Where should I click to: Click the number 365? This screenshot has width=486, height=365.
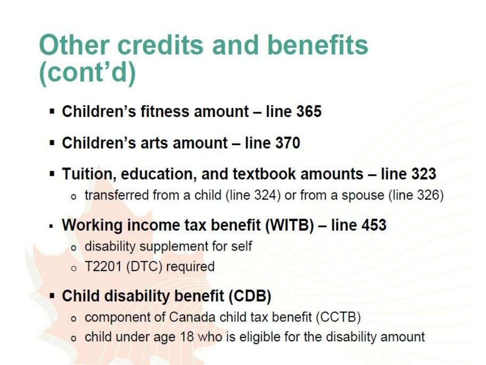[309, 112]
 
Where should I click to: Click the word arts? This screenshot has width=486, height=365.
[151, 143]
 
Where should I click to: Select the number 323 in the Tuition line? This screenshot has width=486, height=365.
[423, 174]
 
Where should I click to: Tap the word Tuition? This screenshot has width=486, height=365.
[89, 174]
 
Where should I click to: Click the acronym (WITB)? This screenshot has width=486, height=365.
[291, 225]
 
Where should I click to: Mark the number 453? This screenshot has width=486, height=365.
[374, 225]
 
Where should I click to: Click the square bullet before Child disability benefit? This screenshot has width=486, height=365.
[53, 296]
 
